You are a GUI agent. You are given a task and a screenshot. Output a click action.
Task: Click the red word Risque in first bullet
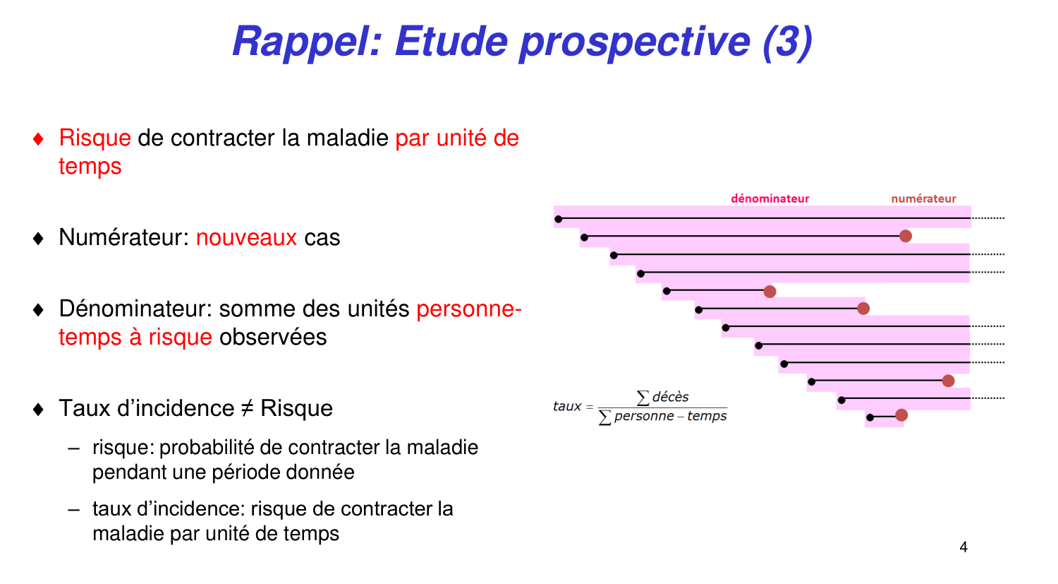95,138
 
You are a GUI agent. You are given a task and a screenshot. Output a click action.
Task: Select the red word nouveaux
246,237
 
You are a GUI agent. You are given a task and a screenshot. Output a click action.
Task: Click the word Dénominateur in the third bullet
135,309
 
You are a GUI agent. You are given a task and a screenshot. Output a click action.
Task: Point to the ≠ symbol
247,408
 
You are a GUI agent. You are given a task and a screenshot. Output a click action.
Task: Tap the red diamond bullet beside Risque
39,138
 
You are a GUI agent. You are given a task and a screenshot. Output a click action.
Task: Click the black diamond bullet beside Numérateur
39,238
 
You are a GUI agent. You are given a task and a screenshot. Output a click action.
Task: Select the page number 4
963,547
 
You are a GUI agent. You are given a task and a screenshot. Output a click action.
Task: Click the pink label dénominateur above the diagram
770,198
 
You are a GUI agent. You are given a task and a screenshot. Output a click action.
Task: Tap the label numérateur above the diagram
923,198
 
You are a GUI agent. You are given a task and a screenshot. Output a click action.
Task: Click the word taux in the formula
567,406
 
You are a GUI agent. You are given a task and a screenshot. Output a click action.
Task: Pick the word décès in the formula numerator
670,397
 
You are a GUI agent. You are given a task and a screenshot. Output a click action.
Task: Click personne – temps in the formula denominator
670,416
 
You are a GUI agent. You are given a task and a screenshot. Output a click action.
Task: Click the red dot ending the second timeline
906,236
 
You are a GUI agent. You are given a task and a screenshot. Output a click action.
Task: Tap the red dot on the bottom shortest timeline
901,415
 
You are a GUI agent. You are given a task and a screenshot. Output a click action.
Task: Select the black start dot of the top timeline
559,219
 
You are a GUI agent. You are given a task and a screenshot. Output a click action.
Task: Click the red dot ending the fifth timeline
770,292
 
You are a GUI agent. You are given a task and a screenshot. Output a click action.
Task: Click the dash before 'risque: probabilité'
74,448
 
